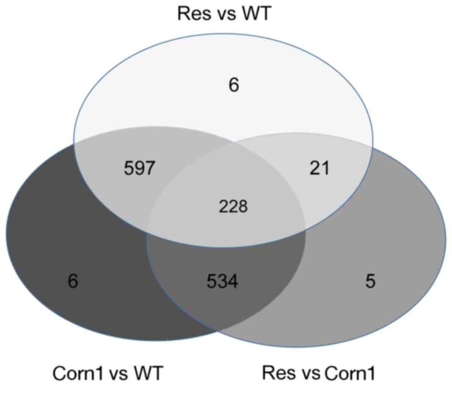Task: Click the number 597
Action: [140, 169]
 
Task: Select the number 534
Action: [222, 281]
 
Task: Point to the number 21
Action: [320, 168]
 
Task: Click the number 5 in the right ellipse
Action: [370, 281]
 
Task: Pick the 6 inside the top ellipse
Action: [234, 86]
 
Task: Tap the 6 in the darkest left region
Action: [73, 281]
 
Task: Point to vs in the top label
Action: [223, 14]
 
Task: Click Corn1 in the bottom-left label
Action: [77, 373]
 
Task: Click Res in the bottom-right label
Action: [277, 373]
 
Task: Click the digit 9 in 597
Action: [140, 169]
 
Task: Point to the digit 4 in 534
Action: [233, 281]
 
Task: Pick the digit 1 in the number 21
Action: [326, 168]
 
